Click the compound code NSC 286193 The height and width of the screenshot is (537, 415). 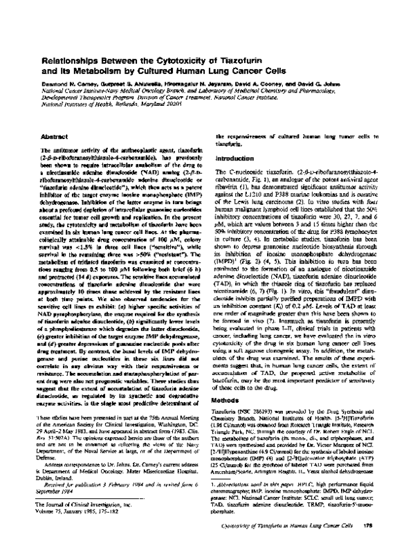pos(259,372)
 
